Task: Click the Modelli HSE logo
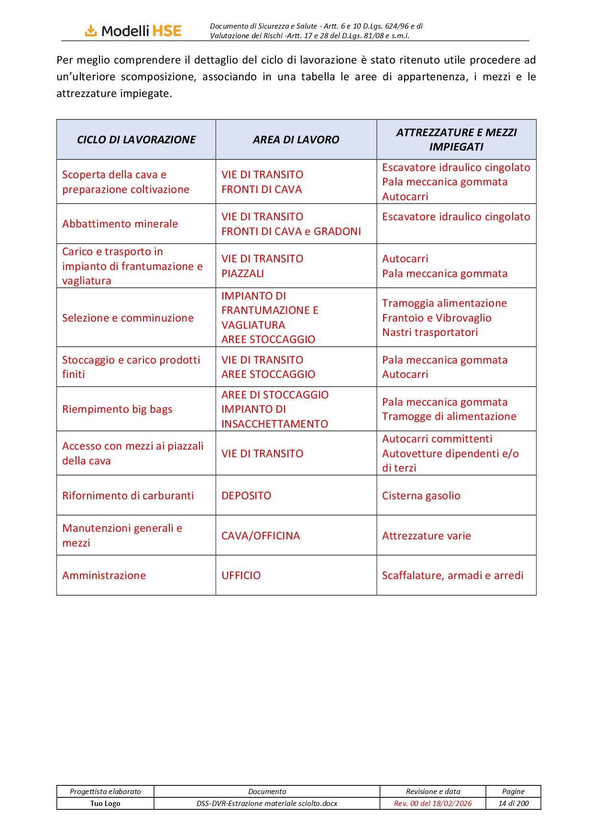click(133, 31)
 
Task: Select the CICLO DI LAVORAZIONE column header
click(136, 140)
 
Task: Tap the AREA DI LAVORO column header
click(296, 140)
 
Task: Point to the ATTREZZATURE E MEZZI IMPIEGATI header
click(456, 140)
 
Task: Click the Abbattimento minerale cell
click(120, 224)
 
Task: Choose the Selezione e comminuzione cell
click(128, 318)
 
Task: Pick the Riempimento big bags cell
click(117, 409)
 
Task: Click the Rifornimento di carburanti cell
click(128, 496)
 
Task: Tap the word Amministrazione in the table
click(104, 576)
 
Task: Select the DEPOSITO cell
click(246, 496)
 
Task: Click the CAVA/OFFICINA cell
click(261, 536)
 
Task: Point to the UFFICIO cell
click(241, 576)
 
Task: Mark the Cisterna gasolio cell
click(421, 496)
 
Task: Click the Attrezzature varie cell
click(427, 536)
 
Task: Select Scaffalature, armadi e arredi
click(452, 576)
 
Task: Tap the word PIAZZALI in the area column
click(242, 274)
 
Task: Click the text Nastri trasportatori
click(430, 333)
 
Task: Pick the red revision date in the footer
click(433, 804)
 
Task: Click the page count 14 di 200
click(513, 804)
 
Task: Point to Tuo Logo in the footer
click(105, 804)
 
